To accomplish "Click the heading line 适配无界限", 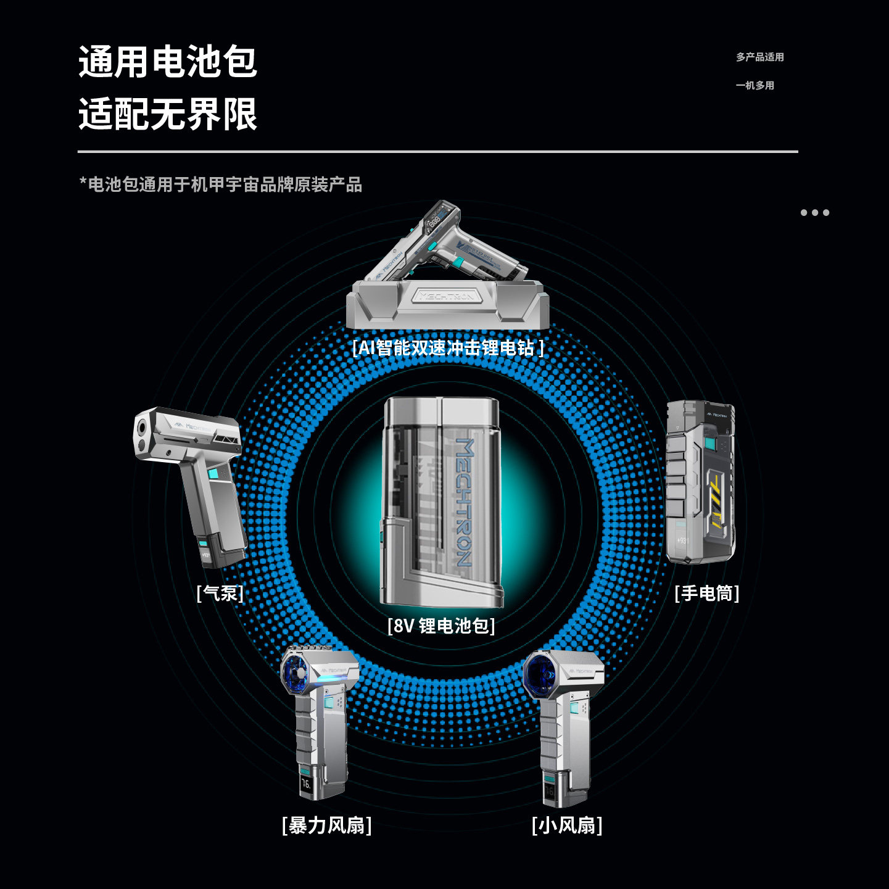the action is pos(167,114).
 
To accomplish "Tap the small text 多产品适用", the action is pos(760,57).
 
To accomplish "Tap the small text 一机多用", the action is pos(755,85).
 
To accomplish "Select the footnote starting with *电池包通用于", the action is pos(220,184).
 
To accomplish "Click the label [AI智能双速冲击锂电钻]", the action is pos(448,348).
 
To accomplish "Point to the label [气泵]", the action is pos(220,593).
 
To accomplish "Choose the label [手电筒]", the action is pos(707,593).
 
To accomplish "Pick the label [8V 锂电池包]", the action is pos(441,626).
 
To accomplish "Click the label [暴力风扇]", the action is pos(326,825).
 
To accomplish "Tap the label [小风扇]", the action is pos(567,825).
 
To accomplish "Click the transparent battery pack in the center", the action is pos(442,502).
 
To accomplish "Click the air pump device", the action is pos(189,484).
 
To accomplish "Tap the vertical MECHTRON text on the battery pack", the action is pos(465,502).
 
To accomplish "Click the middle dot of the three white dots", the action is pos(815,213).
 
